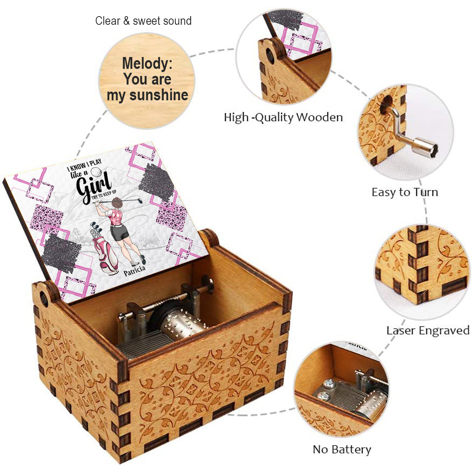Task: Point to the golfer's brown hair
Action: point(117,203)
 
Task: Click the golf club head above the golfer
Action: point(140,200)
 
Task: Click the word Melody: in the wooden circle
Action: point(147,63)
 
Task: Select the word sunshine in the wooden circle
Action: point(159,95)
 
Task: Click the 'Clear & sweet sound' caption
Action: point(143,21)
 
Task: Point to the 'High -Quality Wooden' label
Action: point(283,117)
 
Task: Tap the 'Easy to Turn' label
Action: point(405,192)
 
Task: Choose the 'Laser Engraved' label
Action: point(428,330)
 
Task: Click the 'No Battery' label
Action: point(342,450)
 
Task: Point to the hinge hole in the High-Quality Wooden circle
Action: point(270,56)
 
